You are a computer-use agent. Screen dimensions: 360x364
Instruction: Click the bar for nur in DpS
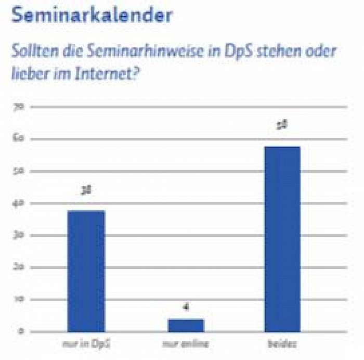(86, 271)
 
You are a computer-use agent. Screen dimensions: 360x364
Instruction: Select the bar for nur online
(185, 325)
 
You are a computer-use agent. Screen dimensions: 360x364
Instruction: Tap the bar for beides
(282, 239)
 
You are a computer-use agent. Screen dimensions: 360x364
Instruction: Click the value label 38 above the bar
(86, 192)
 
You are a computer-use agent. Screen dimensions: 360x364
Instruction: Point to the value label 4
(185, 307)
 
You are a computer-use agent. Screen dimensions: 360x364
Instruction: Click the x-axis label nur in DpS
(86, 344)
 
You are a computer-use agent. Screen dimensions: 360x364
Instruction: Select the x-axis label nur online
(185, 344)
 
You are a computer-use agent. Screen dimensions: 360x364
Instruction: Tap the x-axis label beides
(282, 344)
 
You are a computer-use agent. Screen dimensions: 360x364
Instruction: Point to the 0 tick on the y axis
(20, 331)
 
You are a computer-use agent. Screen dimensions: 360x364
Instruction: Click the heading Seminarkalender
(92, 15)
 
